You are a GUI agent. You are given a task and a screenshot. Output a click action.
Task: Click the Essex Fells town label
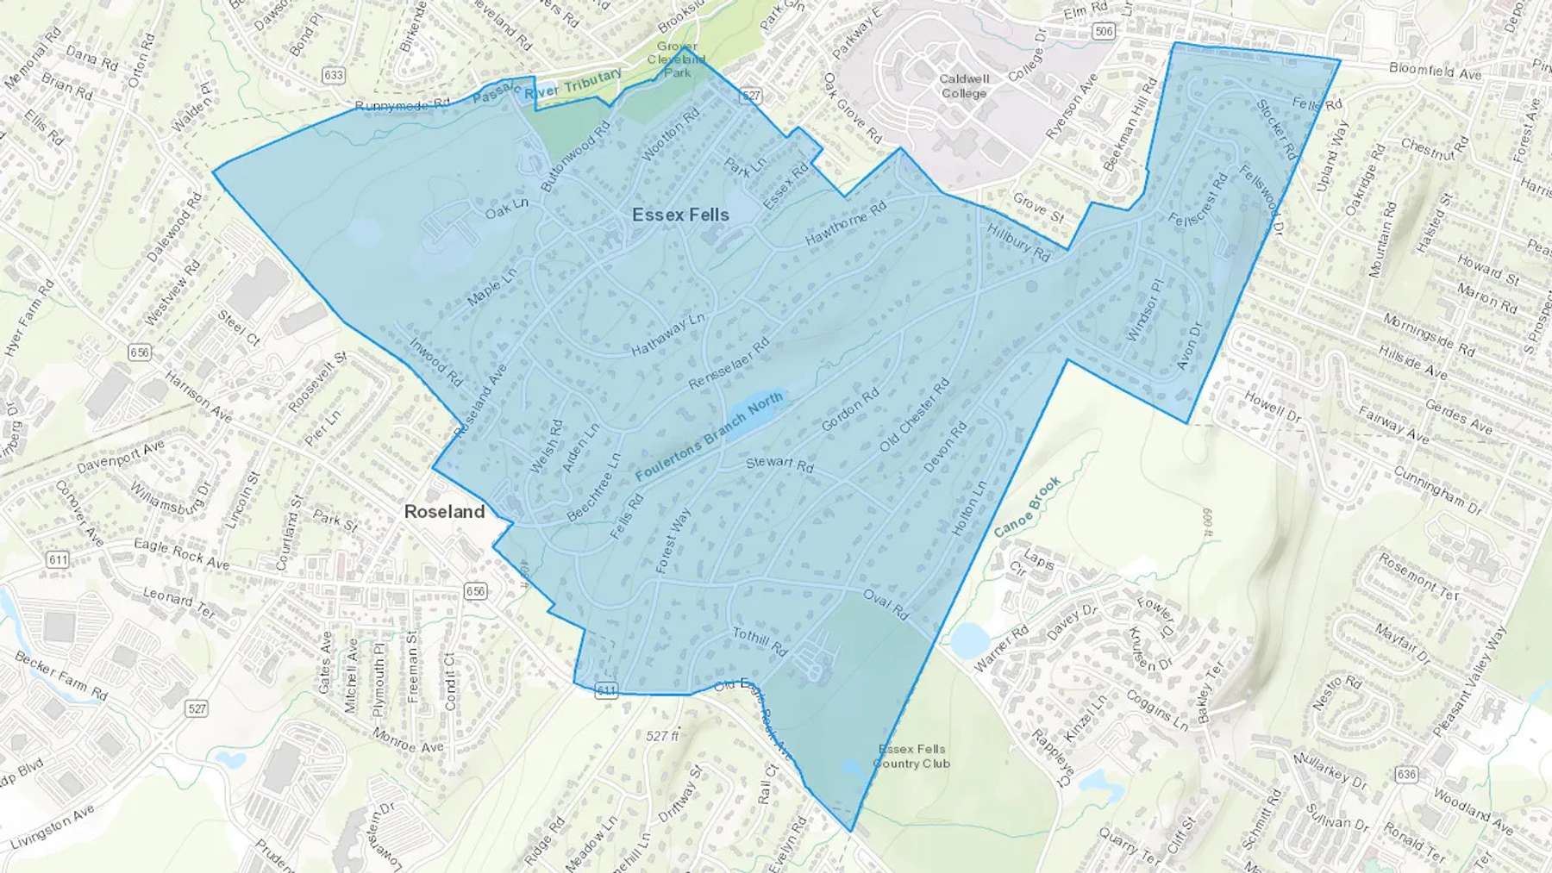[x=680, y=215]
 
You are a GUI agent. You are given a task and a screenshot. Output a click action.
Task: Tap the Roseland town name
[x=444, y=511]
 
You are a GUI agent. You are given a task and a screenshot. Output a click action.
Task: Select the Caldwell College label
[x=964, y=85]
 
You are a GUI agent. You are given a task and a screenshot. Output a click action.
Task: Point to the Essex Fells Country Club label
[x=911, y=756]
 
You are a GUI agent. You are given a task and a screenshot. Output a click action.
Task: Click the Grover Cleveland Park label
[x=677, y=59]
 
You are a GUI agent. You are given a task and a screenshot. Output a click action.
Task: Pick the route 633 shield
[x=334, y=75]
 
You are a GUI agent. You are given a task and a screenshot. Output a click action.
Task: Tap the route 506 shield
[x=1103, y=32]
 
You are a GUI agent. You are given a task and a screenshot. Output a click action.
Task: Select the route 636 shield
[x=1406, y=774]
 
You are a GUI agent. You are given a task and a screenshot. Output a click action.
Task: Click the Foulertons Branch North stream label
[x=709, y=436]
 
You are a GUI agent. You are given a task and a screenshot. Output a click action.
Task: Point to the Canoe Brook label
[x=1027, y=508]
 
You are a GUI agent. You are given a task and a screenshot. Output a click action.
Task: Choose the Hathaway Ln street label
[x=667, y=334]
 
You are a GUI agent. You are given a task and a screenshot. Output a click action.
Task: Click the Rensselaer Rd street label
[x=729, y=363]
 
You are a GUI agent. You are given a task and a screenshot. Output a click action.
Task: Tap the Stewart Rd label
[x=779, y=464]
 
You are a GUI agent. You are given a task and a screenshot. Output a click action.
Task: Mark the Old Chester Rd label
[x=914, y=415]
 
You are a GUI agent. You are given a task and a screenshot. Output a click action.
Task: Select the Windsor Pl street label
[x=1144, y=308]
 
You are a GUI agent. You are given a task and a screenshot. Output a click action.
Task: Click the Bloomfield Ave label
[x=1435, y=72]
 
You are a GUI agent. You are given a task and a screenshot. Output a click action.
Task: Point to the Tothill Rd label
[x=760, y=641]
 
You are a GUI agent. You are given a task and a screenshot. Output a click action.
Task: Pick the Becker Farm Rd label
[x=61, y=675]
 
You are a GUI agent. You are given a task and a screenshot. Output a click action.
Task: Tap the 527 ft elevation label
[x=662, y=736]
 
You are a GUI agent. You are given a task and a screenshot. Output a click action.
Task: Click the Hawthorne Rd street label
[x=845, y=224]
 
